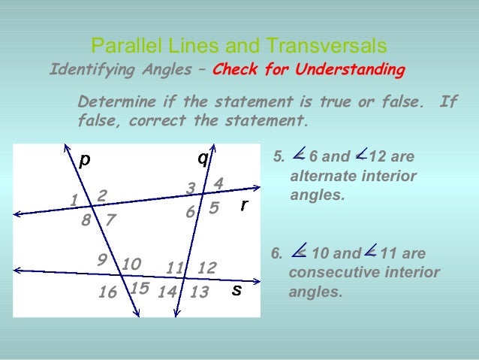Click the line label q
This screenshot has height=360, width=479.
pyautogui.click(x=203, y=159)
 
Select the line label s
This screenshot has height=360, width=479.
pyautogui.click(x=236, y=290)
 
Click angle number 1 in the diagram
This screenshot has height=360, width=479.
pyautogui.click(x=74, y=201)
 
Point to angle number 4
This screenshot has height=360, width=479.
pyautogui.click(x=218, y=183)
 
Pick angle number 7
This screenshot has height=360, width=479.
pyautogui.click(x=110, y=221)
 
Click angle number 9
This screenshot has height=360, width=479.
pyautogui.click(x=102, y=259)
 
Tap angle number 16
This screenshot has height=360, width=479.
pyautogui.click(x=107, y=293)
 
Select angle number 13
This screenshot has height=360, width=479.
pyautogui.click(x=199, y=293)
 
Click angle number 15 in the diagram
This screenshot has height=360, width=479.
pyautogui.click(x=139, y=288)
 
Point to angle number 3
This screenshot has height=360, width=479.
pyautogui.click(x=191, y=188)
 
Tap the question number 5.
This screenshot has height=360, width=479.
pyautogui.click(x=278, y=158)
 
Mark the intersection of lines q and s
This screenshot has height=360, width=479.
pyautogui.click(x=184, y=277)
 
